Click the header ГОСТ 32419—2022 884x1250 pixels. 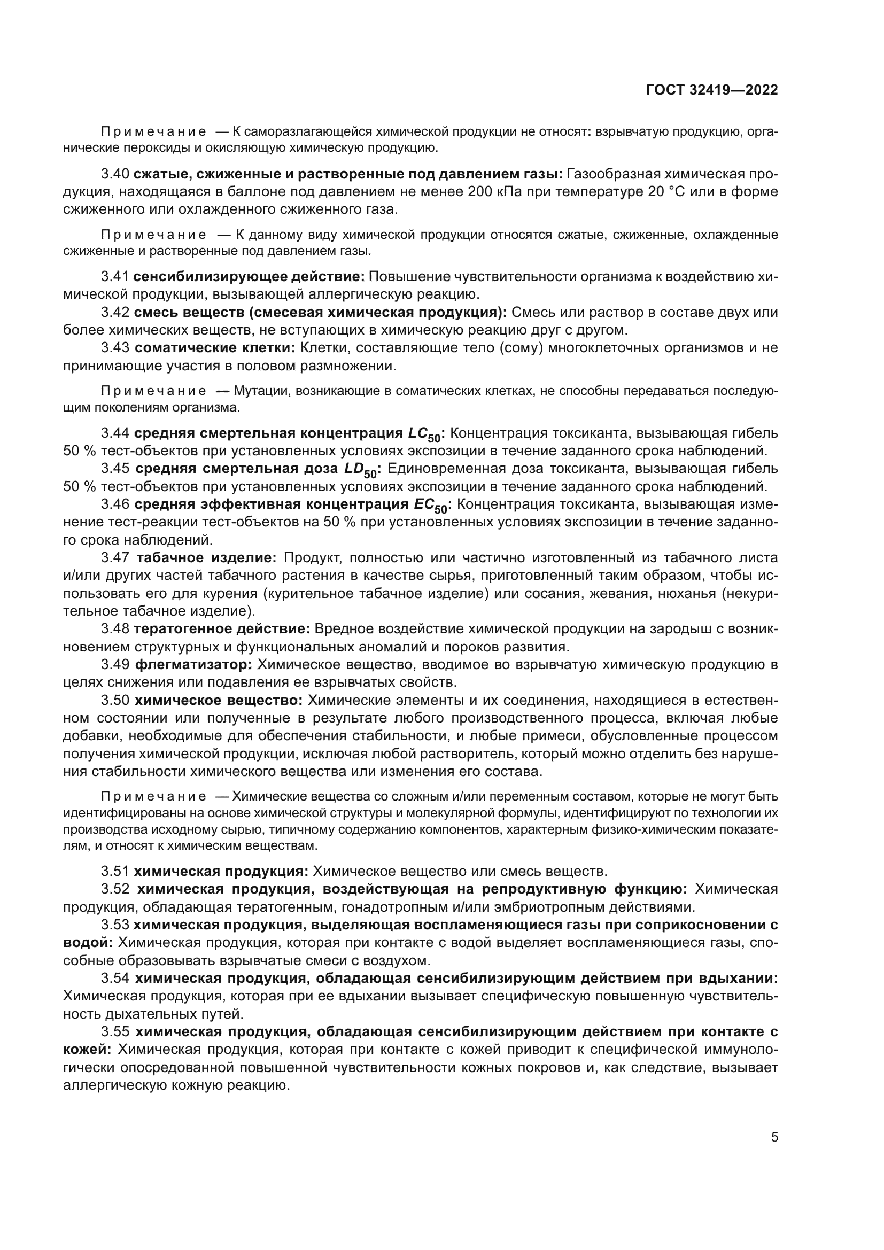[x=711, y=90]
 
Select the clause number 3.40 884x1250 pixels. [x=115, y=174]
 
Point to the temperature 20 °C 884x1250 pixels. [x=677, y=192]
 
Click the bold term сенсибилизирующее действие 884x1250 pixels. [x=249, y=277]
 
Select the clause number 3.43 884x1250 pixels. [x=115, y=348]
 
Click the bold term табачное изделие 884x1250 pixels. [x=206, y=557]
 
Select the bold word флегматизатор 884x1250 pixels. [x=193, y=665]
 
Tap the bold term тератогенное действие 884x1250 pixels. [x=222, y=630]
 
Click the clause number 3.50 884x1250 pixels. [x=115, y=700]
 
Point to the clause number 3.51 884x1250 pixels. [x=115, y=872]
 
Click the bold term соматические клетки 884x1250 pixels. [x=214, y=348]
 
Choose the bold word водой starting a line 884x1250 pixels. [x=87, y=943]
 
